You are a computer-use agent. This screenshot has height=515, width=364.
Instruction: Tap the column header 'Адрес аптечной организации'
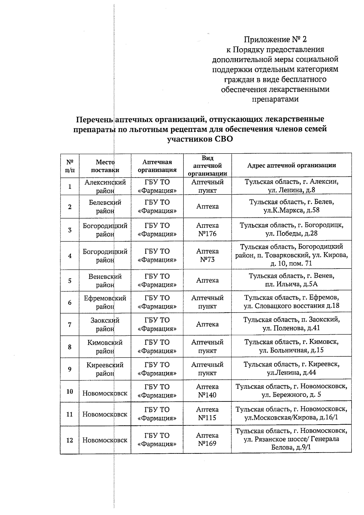point(292,165)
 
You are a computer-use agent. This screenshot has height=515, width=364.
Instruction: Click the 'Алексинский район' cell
point(105,186)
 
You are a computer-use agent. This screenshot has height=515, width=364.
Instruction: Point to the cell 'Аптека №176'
point(207,230)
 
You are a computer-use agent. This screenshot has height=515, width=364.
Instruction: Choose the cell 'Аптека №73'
point(207,256)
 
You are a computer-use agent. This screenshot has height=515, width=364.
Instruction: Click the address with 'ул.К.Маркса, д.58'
point(292,210)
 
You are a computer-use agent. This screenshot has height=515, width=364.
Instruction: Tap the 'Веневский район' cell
point(105,281)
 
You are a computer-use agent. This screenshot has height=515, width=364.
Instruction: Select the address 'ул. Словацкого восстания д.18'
point(292,306)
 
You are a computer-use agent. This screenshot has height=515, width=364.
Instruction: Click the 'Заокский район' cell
point(105,324)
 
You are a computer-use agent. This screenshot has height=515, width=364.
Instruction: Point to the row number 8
point(70,347)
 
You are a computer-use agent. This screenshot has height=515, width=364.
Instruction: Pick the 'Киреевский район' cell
point(105,369)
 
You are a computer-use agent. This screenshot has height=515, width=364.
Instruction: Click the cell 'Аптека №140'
point(207,391)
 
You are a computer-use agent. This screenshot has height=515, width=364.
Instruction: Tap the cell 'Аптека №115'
point(207,414)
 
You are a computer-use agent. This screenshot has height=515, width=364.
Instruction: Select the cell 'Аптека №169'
point(207,439)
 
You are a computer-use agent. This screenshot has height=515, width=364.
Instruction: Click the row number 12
point(70,440)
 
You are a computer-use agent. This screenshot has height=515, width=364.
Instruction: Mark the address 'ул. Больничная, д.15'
point(292,350)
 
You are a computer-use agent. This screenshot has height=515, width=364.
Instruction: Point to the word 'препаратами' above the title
point(275,99)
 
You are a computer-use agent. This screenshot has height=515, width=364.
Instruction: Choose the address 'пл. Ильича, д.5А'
point(292,284)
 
